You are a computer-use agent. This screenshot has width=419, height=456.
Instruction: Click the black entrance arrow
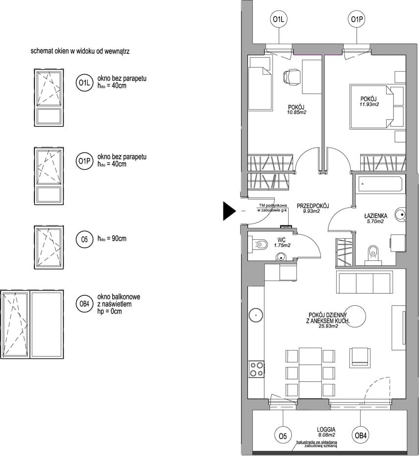(229, 211)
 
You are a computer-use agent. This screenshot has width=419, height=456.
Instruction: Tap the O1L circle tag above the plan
(279, 20)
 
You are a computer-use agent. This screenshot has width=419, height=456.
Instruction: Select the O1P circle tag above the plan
(357, 20)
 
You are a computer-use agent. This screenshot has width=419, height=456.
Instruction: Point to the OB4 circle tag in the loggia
(360, 435)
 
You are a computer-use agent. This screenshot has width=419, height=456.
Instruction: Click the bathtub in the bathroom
(380, 184)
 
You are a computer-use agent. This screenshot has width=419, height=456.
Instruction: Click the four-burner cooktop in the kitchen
(256, 369)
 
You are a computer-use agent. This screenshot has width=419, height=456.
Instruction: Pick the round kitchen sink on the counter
(256, 315)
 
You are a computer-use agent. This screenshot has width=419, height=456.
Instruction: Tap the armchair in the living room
(360, 357)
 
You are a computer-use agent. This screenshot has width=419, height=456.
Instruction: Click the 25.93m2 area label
(328, 326)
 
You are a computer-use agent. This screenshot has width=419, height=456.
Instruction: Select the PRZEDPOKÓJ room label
(313, 206)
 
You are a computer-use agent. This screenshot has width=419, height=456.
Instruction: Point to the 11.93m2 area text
(369, 104)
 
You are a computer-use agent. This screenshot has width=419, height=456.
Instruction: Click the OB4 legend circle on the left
(84, 304)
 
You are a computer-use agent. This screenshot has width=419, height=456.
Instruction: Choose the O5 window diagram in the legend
(49, 247)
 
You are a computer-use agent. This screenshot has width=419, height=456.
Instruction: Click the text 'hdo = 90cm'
(112, 239)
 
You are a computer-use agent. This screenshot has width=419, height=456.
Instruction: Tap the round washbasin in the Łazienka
(400, 215)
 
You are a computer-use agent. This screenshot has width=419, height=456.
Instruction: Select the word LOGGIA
(326, 430)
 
